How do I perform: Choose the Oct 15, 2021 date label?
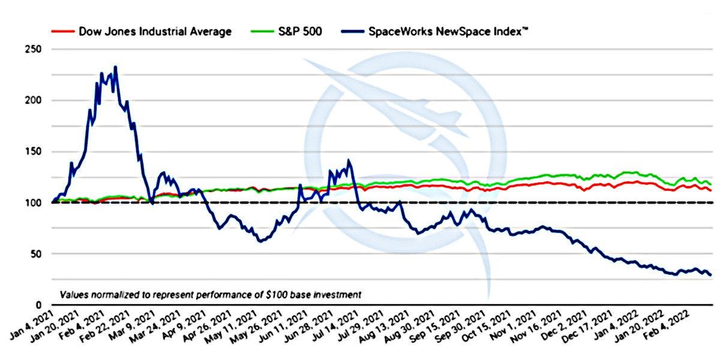coord(489,329)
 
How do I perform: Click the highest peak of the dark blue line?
coord(115,67)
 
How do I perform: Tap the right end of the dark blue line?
coord(711,275)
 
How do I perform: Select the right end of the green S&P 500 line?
coord(711,184)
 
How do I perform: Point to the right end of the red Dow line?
coord(711,190)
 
